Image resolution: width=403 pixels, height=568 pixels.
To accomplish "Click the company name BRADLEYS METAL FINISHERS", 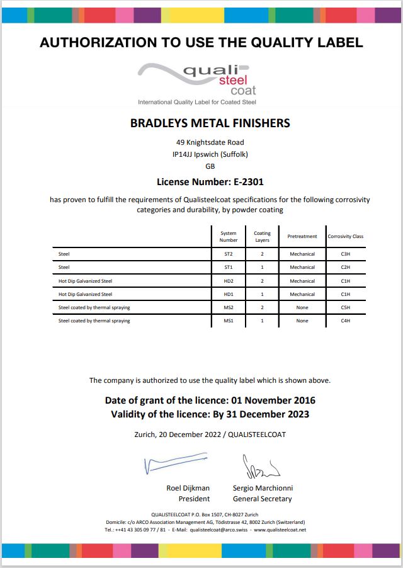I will point(210,123).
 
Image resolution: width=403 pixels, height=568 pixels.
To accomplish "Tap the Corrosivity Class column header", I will point(345,237).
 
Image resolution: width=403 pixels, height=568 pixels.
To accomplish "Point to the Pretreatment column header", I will point(302,237).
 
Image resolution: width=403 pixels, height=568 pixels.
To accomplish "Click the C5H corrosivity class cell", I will point(345,307).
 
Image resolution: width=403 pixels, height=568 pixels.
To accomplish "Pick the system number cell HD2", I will point(229,281).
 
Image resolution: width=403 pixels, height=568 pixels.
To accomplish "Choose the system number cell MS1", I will point(229,321).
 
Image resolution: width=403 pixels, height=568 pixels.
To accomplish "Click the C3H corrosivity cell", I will point(345,254).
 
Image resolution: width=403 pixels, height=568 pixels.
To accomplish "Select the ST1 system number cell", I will point(229,268).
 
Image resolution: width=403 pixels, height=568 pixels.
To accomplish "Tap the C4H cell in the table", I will point(345,321).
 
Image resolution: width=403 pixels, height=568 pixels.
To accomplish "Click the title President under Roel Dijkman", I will point(194,499).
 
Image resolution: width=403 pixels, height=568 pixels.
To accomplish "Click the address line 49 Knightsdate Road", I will point(210,142).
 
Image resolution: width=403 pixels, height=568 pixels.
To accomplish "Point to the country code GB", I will point(210,166).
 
